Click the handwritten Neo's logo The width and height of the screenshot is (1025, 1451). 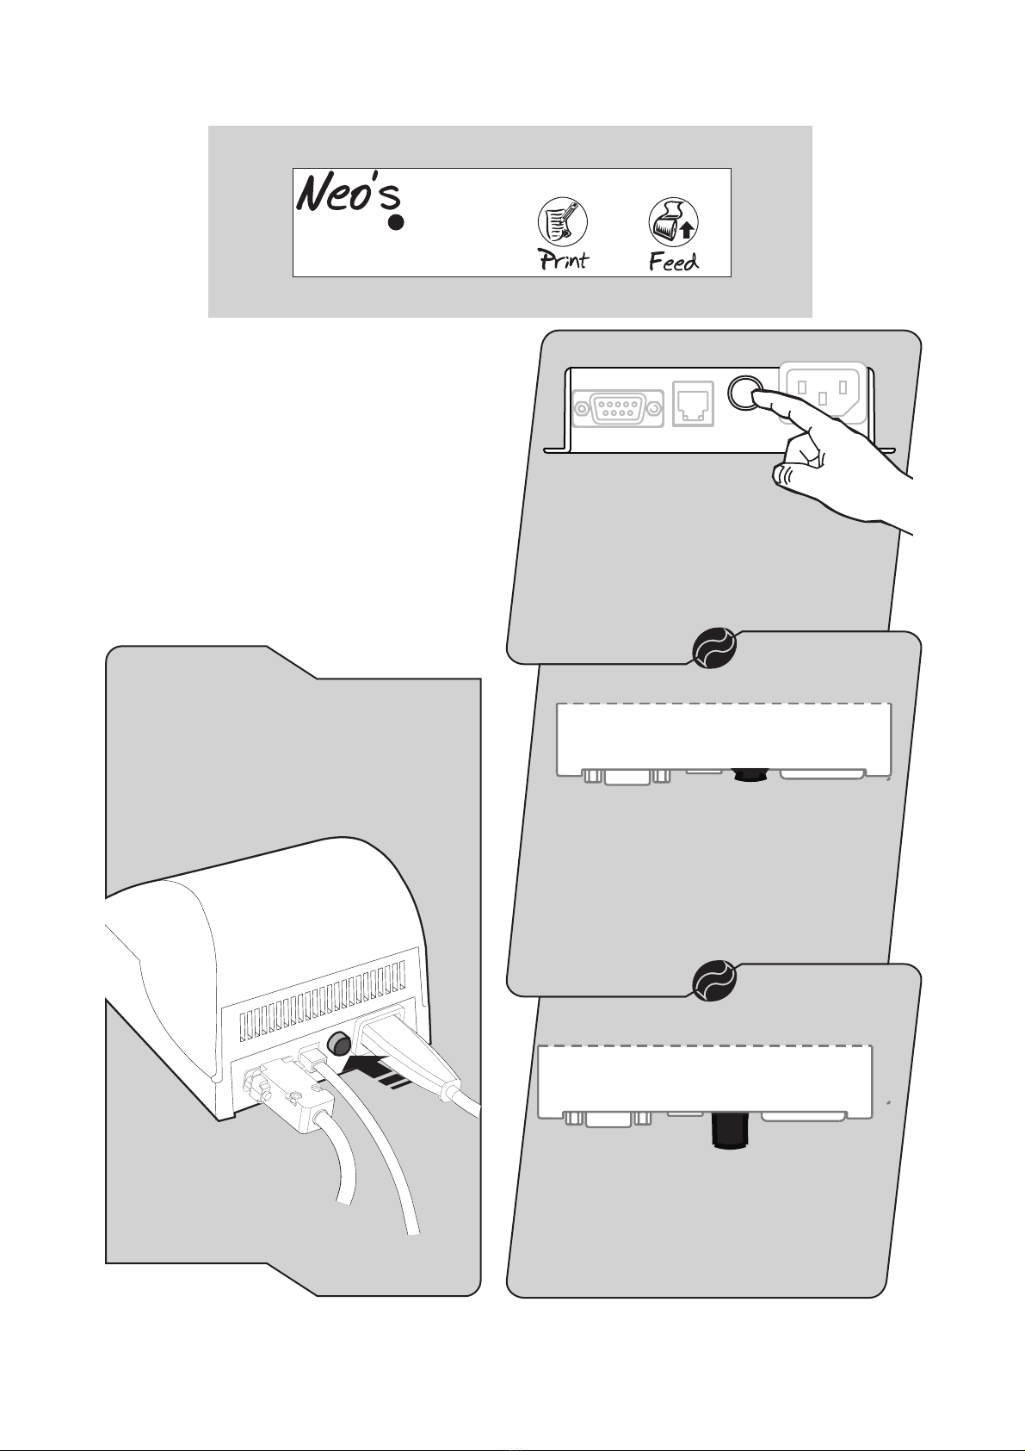point(349,194)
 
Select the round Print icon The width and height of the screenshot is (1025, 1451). point(562,222)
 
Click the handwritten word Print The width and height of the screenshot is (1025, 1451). point(564,259)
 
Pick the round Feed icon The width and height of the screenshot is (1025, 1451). point(673,222)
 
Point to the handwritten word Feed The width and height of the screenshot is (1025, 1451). point(673,261)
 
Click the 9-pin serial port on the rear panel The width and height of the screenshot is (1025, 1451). point(618,406)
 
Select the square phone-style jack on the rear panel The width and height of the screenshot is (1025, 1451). point(693,403)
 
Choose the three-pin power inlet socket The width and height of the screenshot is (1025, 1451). point(822,393)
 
